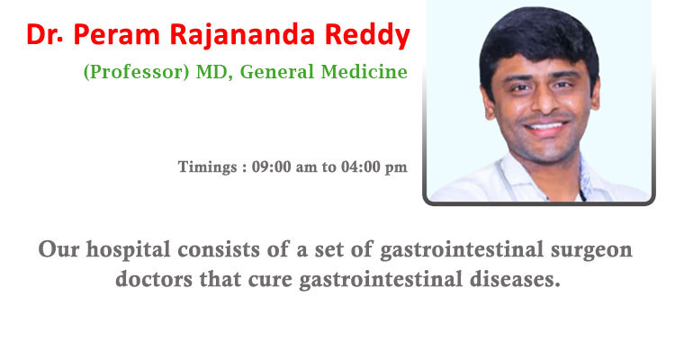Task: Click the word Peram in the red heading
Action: (117, 34)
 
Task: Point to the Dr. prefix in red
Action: (44, 34)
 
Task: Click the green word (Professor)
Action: (137, 72)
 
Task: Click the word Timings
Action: (208, 167)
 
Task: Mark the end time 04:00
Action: (361, 166)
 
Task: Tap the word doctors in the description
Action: (154, 279)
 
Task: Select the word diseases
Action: (515, 279)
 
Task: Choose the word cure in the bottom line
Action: (269, 280)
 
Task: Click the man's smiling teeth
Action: (545, 126)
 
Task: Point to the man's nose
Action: (543, 101)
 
